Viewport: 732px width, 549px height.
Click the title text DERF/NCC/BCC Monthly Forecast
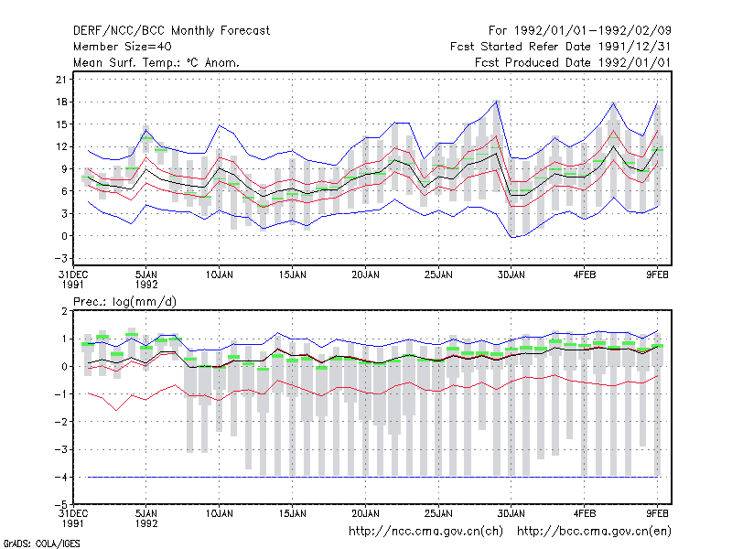(171, 31)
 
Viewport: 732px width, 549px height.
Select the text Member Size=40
(123, 47)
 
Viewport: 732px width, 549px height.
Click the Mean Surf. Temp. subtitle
(156, 62)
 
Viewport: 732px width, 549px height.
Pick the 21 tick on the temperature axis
(61, 80)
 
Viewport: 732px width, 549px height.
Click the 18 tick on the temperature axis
(61, 102)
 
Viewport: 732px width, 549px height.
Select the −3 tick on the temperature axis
(61, 258)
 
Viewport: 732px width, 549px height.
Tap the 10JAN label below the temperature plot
(219, 274)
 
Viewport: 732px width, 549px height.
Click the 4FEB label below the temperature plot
(585, 274)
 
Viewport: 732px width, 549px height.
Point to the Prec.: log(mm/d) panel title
(124, 302)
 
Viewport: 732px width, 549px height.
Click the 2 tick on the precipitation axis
(64, 311)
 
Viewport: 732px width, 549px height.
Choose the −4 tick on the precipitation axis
(61, 477)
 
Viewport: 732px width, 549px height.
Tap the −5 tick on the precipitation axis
(61, 504)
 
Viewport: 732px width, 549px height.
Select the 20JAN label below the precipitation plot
(365, 513)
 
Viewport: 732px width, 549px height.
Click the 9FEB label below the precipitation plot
(657, 513)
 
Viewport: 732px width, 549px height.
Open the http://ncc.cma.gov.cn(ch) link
(425, 532)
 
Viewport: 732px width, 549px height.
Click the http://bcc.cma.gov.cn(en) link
(594, 532)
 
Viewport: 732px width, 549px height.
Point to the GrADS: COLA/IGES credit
(41, 544)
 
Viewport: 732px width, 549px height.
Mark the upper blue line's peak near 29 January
(497, 101)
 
